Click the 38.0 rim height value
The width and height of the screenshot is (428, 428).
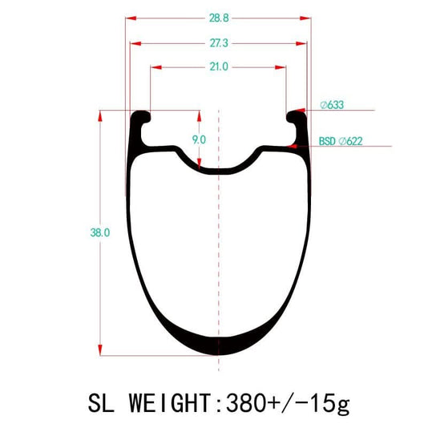[100, 232]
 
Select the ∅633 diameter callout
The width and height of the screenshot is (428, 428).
[330, 104]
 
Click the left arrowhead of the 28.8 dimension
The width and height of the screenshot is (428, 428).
[131, 15]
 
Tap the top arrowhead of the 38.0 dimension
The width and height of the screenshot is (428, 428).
[100, 117]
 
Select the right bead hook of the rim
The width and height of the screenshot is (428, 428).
[293, 119]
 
